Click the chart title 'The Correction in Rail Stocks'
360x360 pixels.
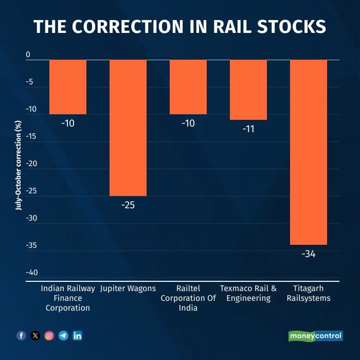180,27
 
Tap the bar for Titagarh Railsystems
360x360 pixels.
309,152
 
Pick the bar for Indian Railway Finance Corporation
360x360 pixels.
68,87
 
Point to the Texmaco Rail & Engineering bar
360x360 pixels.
248,90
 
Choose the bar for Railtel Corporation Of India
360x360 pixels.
188,87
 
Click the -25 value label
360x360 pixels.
128,206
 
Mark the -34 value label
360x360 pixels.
308,254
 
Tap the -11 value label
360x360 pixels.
248,129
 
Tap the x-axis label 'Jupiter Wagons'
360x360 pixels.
128,289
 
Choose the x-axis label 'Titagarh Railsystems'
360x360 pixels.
309,293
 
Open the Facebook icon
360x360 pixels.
21,336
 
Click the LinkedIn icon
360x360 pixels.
78,336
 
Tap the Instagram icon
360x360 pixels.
49,336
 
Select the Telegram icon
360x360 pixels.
63,336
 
